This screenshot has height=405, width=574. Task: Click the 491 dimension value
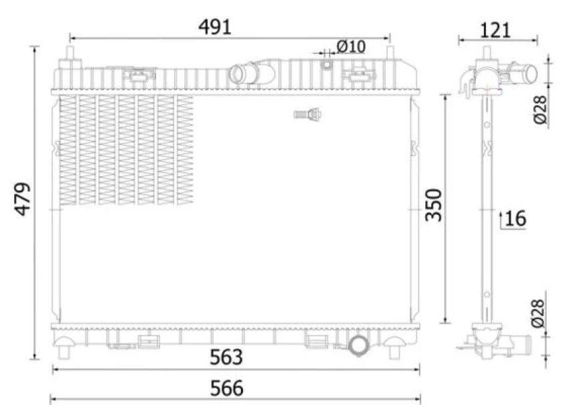[214, 27]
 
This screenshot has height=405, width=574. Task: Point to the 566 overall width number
[226, 388]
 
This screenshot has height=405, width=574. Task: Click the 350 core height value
[435, 206]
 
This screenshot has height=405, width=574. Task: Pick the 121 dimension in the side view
[495, 29]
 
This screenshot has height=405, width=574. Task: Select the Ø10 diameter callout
[350, 47]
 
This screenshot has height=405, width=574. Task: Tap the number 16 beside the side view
[516, 218]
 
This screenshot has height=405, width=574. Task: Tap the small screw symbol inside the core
[307, 115]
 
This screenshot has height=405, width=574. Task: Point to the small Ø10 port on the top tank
[326, 64]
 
